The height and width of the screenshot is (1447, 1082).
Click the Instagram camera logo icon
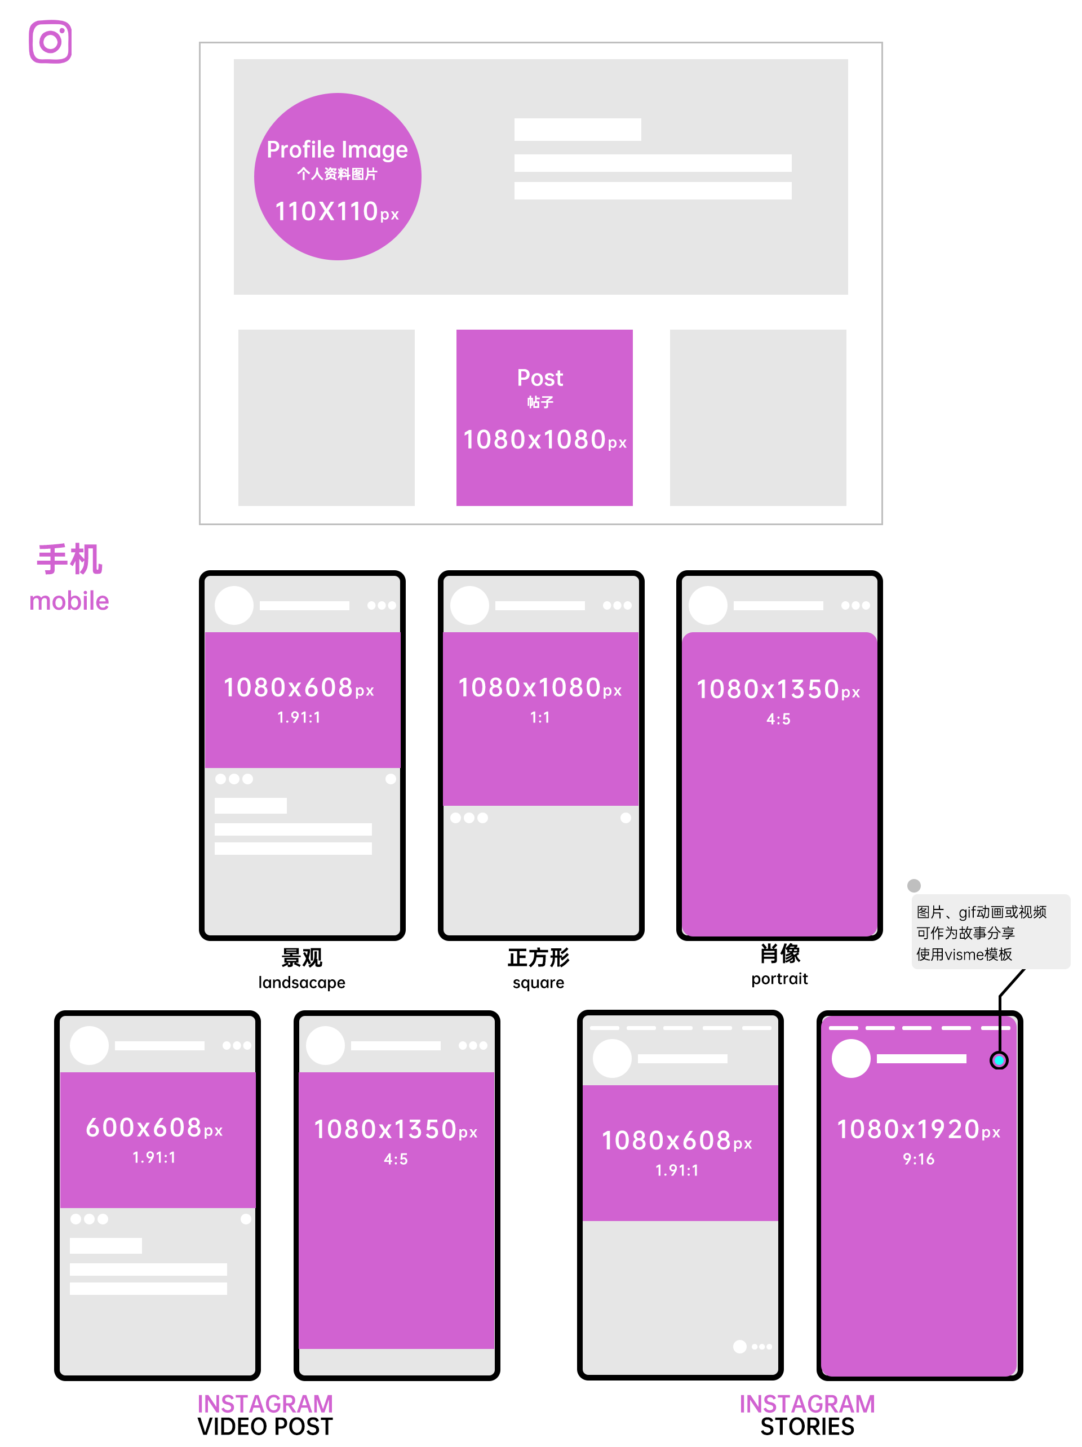pyautogui.click(x=50, y=42)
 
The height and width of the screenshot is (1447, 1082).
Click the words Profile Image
pyautogui.click(x=337, y=150)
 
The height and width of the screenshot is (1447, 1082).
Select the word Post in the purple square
pyautogui.click(x=540, y=378)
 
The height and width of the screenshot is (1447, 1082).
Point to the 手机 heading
pyautogui.click(x=69, y=560)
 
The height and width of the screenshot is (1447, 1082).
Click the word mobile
pyautogui.click(x=69, y=601)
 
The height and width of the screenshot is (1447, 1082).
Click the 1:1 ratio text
pyautogui.click(x=540, y=718)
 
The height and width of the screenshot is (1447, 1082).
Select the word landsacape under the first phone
pyautogui.click(x=301, y=982)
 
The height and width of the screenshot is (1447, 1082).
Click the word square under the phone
pyautogui.click(x=538, y=982)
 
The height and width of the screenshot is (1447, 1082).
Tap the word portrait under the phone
pyautogui.click(x=779, y=979)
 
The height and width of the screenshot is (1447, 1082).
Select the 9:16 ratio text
pyautogui.click(x=919, y=1159)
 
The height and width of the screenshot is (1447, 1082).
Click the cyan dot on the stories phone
pyautogui.click(x=998, y=1060)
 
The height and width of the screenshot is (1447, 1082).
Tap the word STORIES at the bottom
pyautogui.click(x=806, y=1427)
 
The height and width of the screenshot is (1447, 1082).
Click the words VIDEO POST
pyautogui.click(x=265, y=1427)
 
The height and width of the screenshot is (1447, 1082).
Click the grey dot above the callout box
pyautogui.click(x=914, y=885)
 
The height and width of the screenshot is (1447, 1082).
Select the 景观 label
pyautogui.click(x=301, y=958)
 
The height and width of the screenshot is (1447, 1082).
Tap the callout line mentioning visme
pyautogui.click(x=964, y=955)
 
